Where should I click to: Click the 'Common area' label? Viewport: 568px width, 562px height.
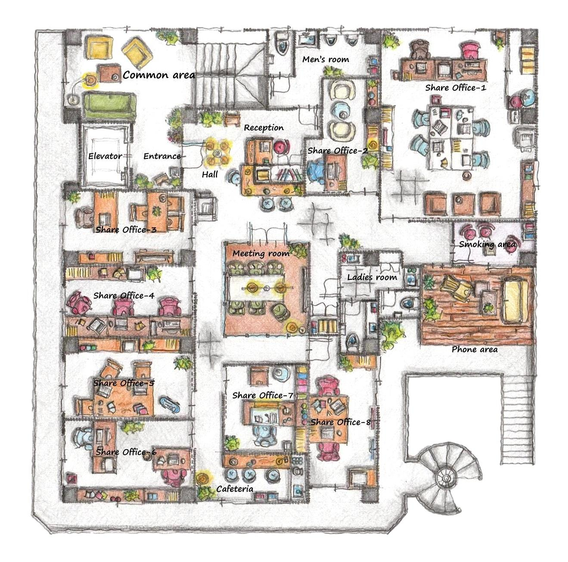tap(158, 75)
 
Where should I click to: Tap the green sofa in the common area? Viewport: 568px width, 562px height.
tap(109, 106)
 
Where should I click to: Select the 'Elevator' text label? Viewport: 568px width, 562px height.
tap(105, 156)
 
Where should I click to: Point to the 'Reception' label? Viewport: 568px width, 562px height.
tap(264, 127)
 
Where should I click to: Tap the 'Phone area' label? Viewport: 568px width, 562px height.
tap(475, 350)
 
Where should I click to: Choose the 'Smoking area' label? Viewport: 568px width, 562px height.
tap(487, 244)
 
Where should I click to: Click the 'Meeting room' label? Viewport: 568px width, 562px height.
tap(261, 253)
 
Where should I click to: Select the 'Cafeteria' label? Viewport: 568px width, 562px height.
tap(235, 489)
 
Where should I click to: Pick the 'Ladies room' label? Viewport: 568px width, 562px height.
tap(372, 277)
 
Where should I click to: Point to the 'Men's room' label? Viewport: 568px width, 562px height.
tap(326, 59)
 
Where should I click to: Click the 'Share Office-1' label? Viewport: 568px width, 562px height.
tap(456, 88)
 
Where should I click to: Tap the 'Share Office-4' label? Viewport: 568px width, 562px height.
tap(124, 295)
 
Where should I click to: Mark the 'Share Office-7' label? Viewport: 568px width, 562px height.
tap(263, 395)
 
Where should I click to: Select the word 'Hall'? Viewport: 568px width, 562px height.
tap(210, 174)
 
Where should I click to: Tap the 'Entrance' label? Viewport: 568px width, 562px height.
tap(162, 156)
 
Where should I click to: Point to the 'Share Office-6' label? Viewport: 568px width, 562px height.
tap(126, 452)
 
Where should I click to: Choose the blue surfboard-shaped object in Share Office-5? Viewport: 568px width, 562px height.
tap(170, 404)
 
